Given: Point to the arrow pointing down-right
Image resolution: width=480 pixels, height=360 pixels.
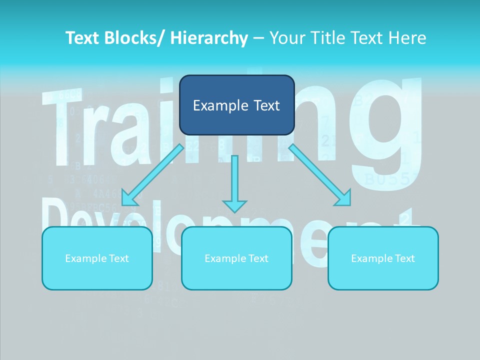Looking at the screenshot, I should (x=320, y=174).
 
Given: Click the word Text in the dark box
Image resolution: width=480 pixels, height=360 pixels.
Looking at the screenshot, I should (x=265, y=105).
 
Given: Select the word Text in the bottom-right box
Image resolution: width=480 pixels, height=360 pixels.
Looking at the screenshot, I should (x=404, y=258).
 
